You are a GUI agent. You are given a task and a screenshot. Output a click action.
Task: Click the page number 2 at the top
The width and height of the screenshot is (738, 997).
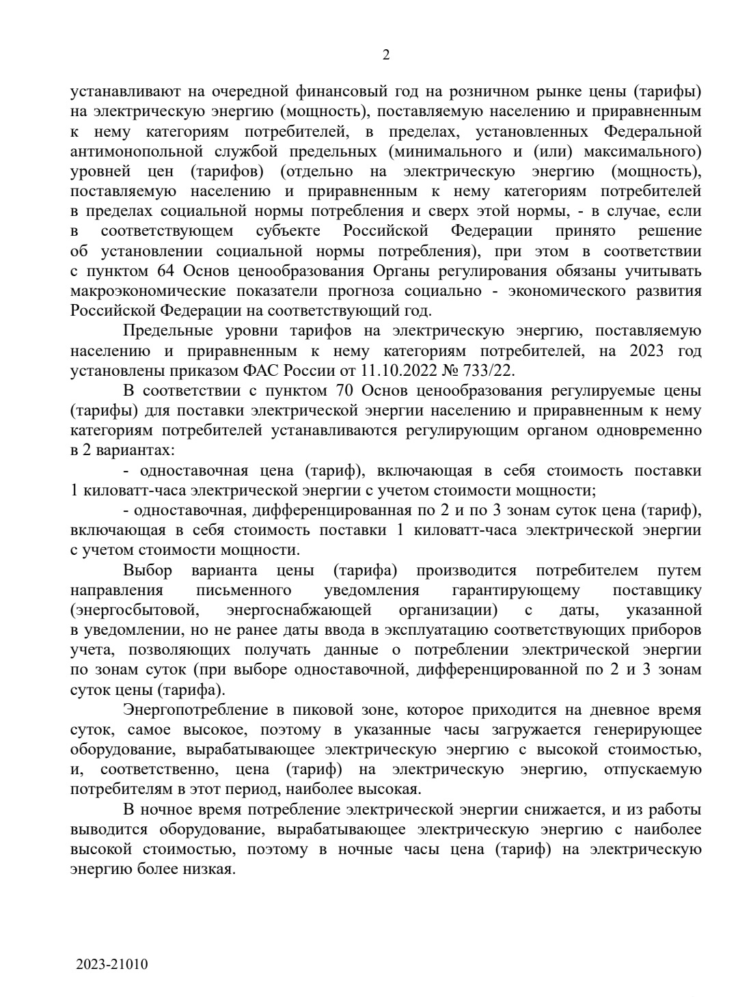click(385, 55)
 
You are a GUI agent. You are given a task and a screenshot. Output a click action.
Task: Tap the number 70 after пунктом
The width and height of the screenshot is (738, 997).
click(344, 390)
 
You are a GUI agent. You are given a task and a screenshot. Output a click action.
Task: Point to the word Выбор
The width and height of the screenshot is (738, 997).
click(148, 570)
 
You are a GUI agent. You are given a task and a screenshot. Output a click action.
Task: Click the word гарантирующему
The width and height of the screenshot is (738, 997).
click(515, 590)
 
